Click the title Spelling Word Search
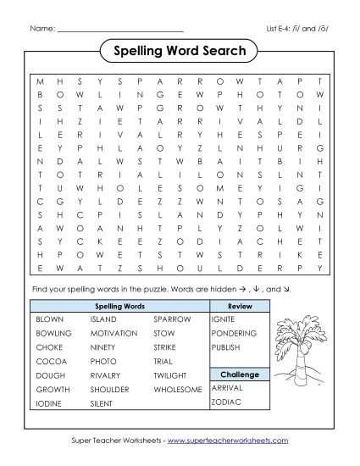(x=180, y=52)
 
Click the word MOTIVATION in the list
(x=114, y=334)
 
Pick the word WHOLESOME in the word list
(x=178, y=390)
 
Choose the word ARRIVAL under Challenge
(x=227, y=386)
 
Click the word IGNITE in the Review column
(x=224, y=320)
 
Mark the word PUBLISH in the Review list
(x=227, y=347)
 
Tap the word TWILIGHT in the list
(x=172, y=375)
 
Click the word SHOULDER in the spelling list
(x=110, y=390)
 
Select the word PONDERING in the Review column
(x=233, y=334)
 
